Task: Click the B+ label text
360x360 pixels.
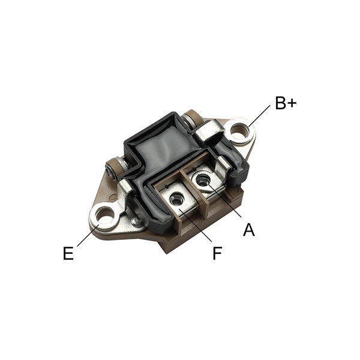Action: tap(286, 103)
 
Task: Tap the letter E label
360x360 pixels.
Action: tap(68, 253)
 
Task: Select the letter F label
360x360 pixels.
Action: tap(217, 253)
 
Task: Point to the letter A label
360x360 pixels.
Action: tap(249, 230)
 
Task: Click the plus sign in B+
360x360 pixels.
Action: tap(292, 104)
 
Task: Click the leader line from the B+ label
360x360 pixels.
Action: tap(259, 116)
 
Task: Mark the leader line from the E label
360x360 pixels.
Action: tap(88, 235)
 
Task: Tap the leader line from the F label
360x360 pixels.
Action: tap(195, 225)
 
